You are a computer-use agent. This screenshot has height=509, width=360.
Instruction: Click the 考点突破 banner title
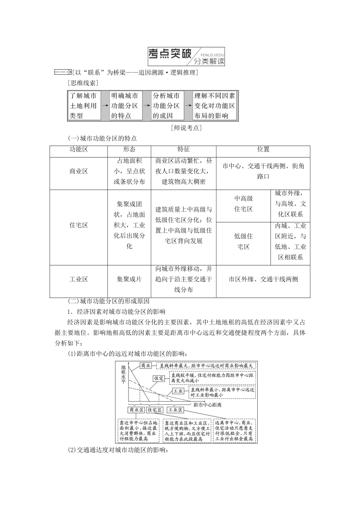pos(170,55)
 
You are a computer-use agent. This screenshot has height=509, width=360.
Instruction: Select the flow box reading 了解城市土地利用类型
pos(83,106)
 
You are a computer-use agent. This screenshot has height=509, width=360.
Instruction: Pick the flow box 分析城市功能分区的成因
pos(166,106)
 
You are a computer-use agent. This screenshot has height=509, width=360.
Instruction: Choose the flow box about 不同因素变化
pos(214,106)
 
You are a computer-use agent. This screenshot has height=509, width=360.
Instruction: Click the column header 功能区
pos(78,150)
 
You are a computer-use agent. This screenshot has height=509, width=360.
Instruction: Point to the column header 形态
pos(129,150)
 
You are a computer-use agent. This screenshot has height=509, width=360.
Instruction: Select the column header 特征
pos(183,150)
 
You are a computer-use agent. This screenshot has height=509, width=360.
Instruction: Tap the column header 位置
pos(263,150)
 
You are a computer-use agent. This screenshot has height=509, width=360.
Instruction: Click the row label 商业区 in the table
pos(78,171)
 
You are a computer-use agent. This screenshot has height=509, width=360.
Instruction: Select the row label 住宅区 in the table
pos(78,225)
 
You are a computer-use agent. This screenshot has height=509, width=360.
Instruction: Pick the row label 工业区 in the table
pos(78,279)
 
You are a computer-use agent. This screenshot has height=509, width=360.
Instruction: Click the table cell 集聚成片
pos(129,279)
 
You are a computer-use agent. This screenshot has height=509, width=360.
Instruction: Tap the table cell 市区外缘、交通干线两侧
pos(263,279)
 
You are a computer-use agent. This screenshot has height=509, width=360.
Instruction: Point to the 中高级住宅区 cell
pos(243,204)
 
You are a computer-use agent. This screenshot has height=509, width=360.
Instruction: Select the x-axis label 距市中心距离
pos(207,405)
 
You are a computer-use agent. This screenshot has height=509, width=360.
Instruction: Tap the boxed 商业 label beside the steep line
pos(146,366)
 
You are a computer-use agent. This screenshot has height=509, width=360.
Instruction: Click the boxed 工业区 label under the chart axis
pos(175,410)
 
